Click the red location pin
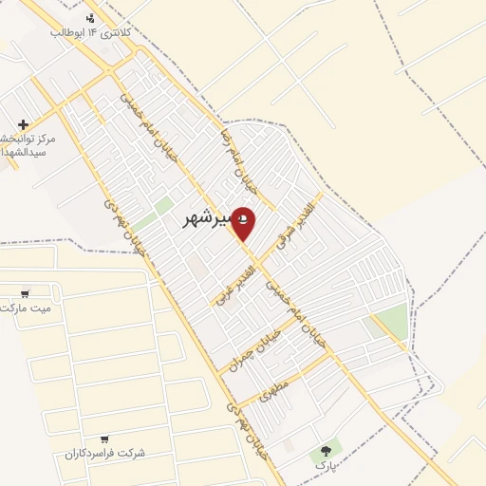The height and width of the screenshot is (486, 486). click(243, 223)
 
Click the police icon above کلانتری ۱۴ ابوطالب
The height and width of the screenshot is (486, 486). click(90, 17)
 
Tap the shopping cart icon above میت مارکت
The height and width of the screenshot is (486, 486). click(25, 293)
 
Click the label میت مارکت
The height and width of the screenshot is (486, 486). click(26, 308)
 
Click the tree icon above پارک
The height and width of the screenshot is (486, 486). click(327, 450)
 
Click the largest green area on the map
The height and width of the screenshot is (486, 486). click(389, 323)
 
